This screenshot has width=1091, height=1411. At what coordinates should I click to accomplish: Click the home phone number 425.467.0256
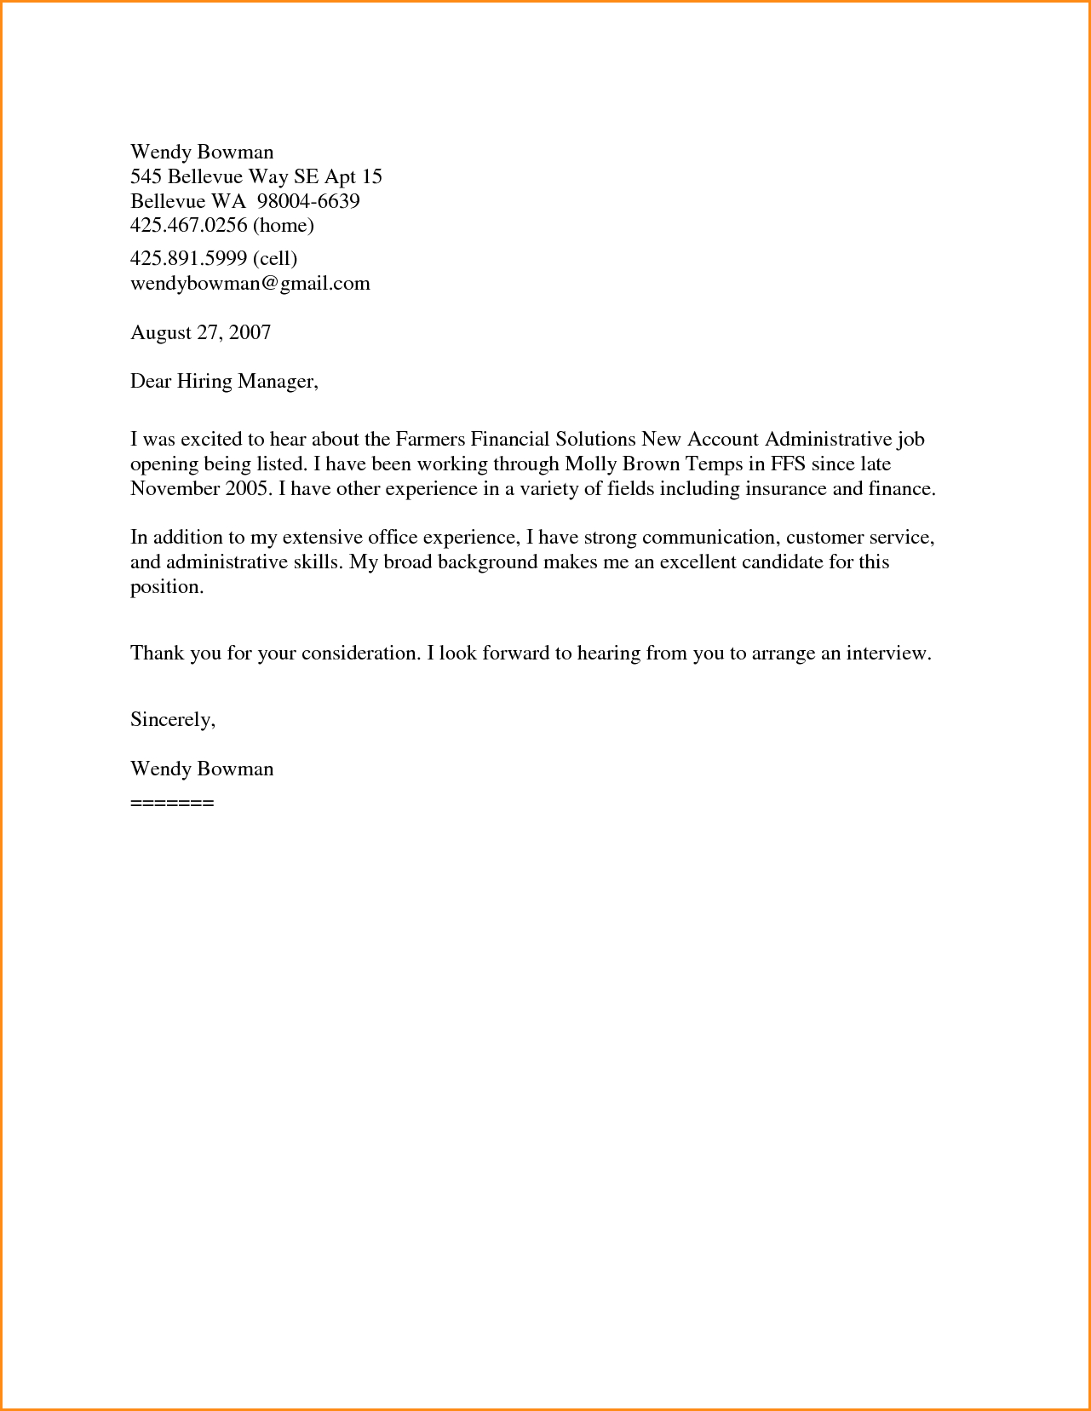click(189, 225)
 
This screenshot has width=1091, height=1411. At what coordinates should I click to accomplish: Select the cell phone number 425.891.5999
click(189, 258)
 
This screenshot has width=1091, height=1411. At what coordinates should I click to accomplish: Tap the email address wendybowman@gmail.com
click(250, 283)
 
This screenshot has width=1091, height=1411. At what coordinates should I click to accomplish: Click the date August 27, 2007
click(200, 332)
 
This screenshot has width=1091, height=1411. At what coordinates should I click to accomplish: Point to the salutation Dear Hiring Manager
click(223, 381)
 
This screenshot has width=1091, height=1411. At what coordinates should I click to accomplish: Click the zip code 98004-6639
click(308, 201)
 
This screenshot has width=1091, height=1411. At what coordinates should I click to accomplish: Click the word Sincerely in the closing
click(171, 719)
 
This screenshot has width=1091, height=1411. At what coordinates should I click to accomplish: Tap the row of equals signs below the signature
click(172, 803)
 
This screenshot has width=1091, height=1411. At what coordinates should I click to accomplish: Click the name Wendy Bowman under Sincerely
click(202, 769)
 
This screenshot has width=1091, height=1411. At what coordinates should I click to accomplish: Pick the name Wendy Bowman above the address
click(202, 152)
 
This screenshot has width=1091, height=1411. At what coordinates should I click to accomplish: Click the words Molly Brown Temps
click(653, 464)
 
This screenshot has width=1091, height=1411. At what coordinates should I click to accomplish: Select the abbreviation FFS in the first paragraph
click(788, 464)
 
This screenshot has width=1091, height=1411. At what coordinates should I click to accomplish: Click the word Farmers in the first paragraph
click(430, 440)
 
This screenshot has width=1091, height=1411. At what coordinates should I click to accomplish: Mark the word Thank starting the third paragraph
click(157, 654)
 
